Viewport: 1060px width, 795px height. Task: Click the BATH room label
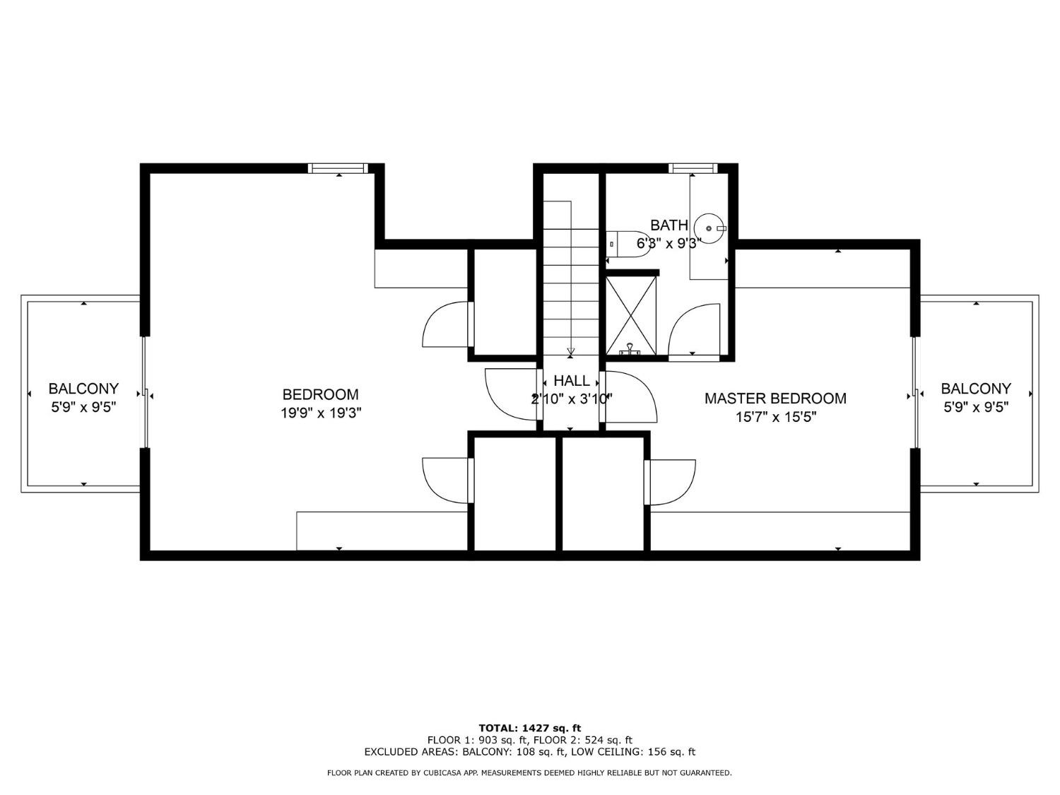[669, 225]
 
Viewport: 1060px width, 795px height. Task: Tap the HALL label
[571, 381]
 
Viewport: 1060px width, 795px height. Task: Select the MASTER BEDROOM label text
[775, 399]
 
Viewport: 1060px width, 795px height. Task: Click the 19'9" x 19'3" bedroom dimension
[321, 413]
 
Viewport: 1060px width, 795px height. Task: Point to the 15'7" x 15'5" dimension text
[775, 417]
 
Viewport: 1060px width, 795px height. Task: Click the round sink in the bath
[709, 228]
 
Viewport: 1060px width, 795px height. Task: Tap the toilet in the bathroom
[623, 243]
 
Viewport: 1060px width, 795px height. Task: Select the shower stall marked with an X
[630, 316]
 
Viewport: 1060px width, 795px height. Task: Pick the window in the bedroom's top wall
[338, 168]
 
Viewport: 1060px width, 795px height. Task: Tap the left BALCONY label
[83, 389]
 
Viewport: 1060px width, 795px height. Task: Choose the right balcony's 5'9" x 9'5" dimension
[976, 408]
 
